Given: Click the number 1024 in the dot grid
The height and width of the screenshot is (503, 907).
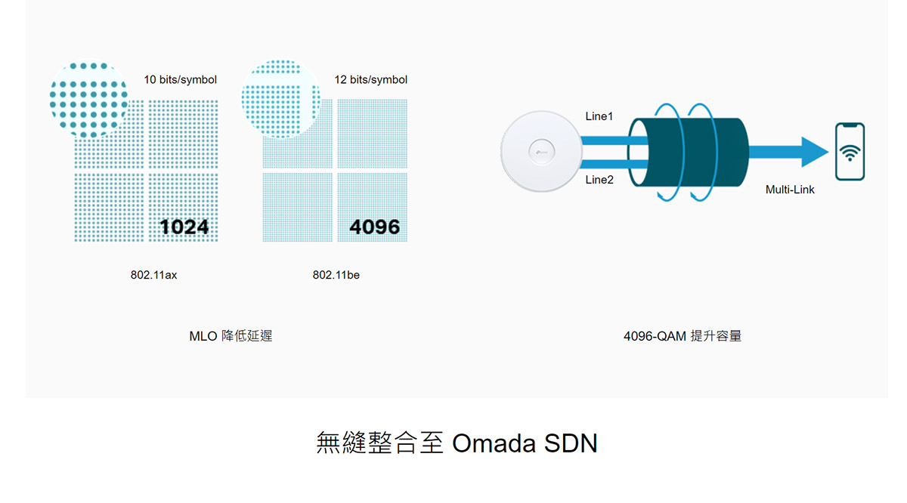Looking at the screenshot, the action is (184, 227).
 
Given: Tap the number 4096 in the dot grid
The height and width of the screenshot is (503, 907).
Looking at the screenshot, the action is (375, 227).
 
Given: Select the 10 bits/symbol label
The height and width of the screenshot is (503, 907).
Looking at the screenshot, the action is (180, 80).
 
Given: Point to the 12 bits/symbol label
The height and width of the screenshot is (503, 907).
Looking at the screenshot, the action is (370, 80).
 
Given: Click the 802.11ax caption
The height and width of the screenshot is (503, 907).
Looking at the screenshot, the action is (153, 275).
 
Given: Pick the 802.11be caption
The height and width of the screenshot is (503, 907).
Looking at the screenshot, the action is (336, 275).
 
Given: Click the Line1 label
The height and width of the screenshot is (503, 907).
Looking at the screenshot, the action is (599, 116).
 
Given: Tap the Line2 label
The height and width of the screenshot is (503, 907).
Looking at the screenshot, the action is (599, 180).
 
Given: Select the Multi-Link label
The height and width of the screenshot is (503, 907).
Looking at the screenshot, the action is (790, 190).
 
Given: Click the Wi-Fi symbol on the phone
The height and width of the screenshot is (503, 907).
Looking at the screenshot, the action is (850, 153).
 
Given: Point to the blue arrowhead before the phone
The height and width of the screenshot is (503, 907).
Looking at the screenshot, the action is (815, 152).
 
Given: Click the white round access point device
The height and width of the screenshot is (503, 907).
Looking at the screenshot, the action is (541, 151).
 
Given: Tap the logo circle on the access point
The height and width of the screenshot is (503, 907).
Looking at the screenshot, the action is (541, 152).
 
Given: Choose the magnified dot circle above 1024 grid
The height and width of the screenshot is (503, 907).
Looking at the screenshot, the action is (88, 100).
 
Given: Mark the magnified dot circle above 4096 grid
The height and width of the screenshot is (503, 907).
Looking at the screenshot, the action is (280, 99).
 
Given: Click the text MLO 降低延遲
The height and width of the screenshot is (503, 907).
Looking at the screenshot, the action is (231, 336).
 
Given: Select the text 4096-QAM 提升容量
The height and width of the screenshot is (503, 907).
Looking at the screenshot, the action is (683, 336).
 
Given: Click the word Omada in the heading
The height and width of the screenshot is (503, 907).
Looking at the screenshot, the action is (494, 443).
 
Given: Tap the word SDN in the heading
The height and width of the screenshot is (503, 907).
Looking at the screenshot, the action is (571, 443).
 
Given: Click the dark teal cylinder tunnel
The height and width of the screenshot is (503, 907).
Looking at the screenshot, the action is (689, 152).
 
